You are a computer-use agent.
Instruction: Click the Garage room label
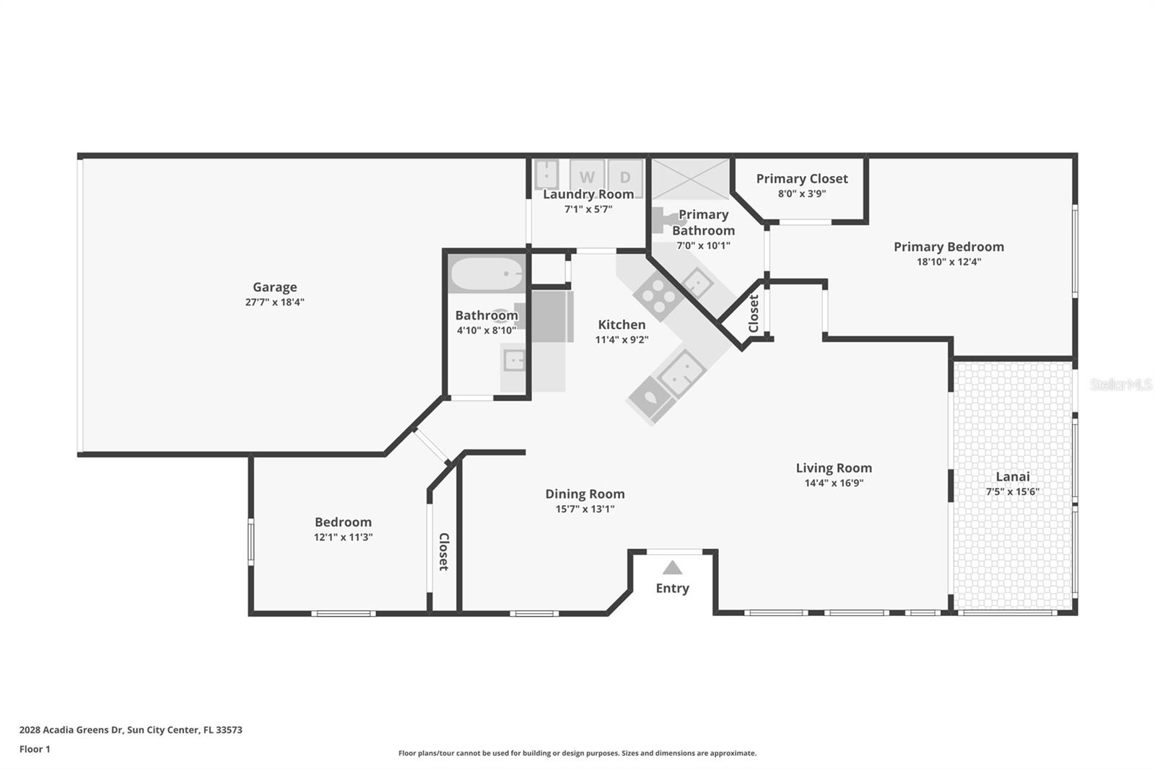[x=274, y=287]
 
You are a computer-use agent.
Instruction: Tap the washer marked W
[x=587, y=177]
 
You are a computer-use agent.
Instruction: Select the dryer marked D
[x=625, y=177]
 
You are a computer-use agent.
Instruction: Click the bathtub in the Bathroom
[x=487, y=273]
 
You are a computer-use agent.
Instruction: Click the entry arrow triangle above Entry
[x=672, y=567]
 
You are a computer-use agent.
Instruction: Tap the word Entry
[x=672, y=588]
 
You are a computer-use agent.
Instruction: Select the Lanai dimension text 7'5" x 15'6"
[x=1013, y=492]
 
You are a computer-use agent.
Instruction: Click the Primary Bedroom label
[x=949, y=247]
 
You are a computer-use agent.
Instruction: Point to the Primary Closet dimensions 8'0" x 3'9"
[x=802, y=194]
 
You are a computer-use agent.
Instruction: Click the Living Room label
[x=834, y=468]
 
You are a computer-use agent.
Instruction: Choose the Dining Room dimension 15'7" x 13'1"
[x=585, y=509]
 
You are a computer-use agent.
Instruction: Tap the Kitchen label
[x=622, y=325]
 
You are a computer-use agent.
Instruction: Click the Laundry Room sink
[x=546, y=175]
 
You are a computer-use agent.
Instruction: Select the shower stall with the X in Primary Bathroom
[x=691, y=178]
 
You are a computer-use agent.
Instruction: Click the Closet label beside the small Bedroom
[x=444, y=551]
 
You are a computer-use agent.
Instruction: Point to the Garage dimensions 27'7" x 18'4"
[x=274, y=302]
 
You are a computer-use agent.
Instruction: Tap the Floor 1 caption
[x=35, y=750]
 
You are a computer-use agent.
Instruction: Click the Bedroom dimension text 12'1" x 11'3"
[x=343, y=537]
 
